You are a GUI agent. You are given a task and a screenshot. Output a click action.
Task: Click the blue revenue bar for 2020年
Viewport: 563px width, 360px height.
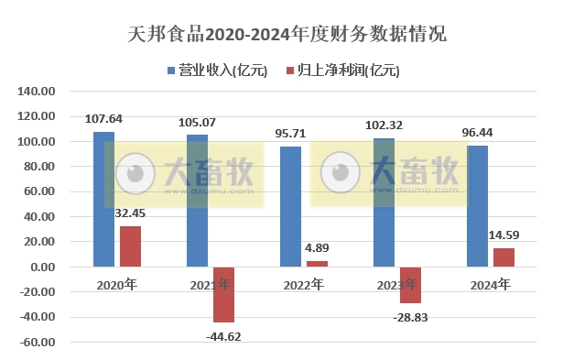(104, 199)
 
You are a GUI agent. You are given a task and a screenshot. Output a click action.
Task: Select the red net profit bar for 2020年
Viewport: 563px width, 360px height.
(130, 246)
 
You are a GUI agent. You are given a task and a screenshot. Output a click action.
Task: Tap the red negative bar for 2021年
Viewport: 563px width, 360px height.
(223, 294)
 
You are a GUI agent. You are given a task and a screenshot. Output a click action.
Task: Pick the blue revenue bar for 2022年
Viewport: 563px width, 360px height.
(291, 206)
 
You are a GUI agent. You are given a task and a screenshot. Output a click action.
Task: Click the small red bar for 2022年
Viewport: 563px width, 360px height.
(317, 264)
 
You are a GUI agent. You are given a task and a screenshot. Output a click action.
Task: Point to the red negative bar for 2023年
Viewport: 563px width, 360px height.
(410, 285)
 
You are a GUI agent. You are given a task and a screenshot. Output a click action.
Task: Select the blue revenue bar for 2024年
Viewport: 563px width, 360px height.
(478, 206)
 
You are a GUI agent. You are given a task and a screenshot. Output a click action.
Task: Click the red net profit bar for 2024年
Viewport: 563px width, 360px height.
(503, 257)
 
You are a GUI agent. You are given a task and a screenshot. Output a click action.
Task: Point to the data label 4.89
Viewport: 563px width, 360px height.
(317, 248)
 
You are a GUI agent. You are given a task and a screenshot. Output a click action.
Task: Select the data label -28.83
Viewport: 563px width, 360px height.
(410, 316)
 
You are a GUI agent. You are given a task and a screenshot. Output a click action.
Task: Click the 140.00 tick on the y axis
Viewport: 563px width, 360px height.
(38, 92)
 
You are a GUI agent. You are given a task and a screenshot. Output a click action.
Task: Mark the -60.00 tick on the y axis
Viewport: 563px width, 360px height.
(38, 342)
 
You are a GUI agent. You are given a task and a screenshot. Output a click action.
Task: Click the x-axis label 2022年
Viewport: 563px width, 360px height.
(303, 285)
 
